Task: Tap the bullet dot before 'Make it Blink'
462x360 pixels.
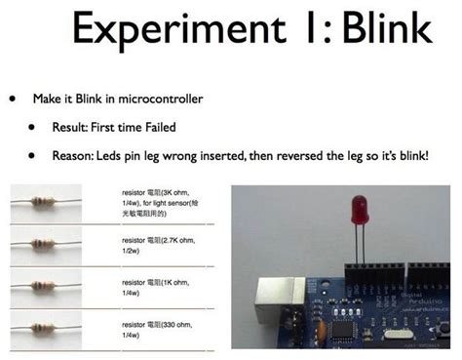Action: click(x=12, y=100)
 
